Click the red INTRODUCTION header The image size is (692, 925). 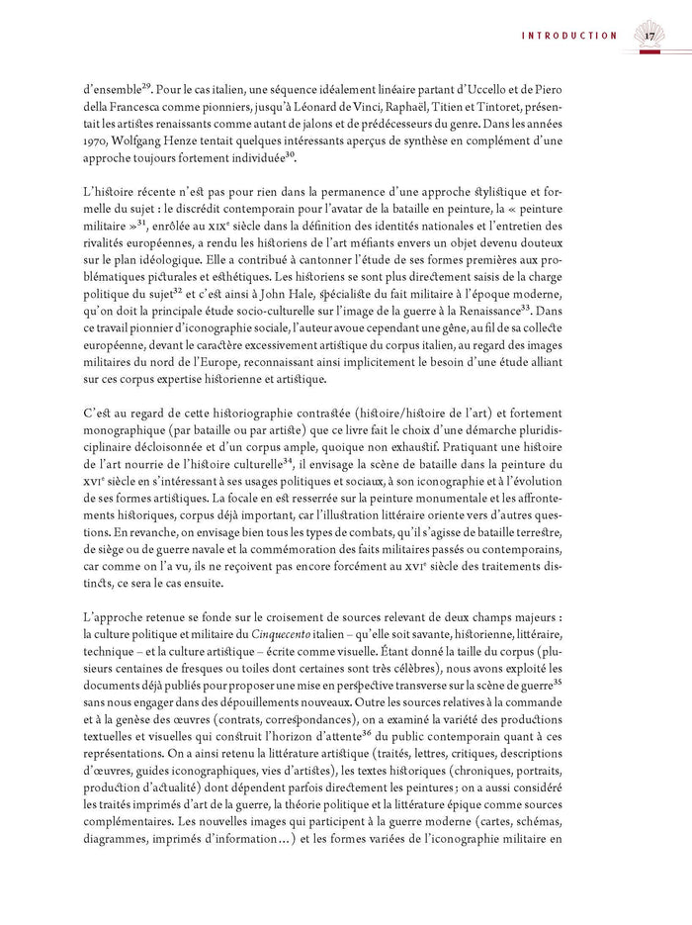pyautogui.click(x=569, y=36)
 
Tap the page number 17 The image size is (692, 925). pyautogui.click(x=649, y=37)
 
